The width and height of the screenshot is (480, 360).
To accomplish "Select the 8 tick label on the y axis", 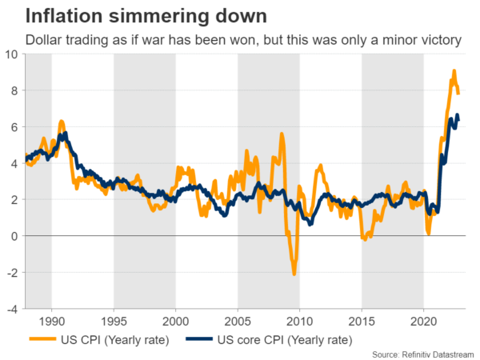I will pyautogui.click(x=14, y=90).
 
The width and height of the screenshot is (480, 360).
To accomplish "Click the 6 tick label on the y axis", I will pyautogui.click(x=14, y=127).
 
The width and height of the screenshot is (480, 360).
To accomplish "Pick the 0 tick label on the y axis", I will pyautogui.click(x=14, y=236).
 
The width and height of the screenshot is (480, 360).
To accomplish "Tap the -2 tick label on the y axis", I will pyautogui.click(x=11, y=272).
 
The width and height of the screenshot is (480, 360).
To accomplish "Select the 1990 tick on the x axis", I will pyautogui.click(x=51, y=322).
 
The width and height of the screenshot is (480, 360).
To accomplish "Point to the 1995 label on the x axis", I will pyautogui.click(x=114, y=322).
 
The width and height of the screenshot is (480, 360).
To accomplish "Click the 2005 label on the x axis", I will pyautogui.click(x=238, y=322).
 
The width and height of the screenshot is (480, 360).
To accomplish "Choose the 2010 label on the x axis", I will pyautogui.click(x=299, y=322).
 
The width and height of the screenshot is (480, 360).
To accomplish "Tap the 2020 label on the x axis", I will pyautogui.click(x=423, y=322).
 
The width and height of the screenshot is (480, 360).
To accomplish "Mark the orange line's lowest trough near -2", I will pyautogui.click(x=294, y=274).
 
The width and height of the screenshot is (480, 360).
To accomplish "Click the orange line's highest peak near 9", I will pyautogui.click(x=454, y=71).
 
